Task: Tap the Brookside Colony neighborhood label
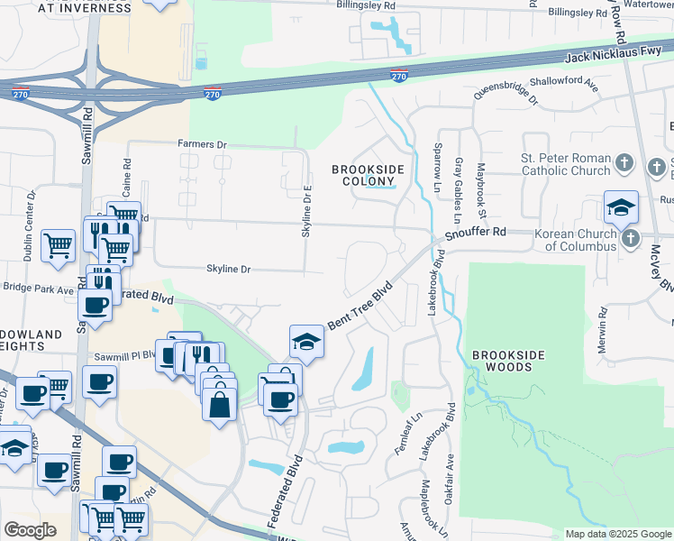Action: (367, 175)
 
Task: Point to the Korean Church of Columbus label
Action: (575, 240)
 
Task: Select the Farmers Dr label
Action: (202, 144)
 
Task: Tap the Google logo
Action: (30, 529)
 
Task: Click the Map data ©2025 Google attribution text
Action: (617, 534)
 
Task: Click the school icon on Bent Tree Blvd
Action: (306, 342)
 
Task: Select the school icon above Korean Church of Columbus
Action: (620, 207)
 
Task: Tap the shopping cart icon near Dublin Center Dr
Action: (58, 243)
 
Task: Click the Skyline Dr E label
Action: (307, 212)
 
